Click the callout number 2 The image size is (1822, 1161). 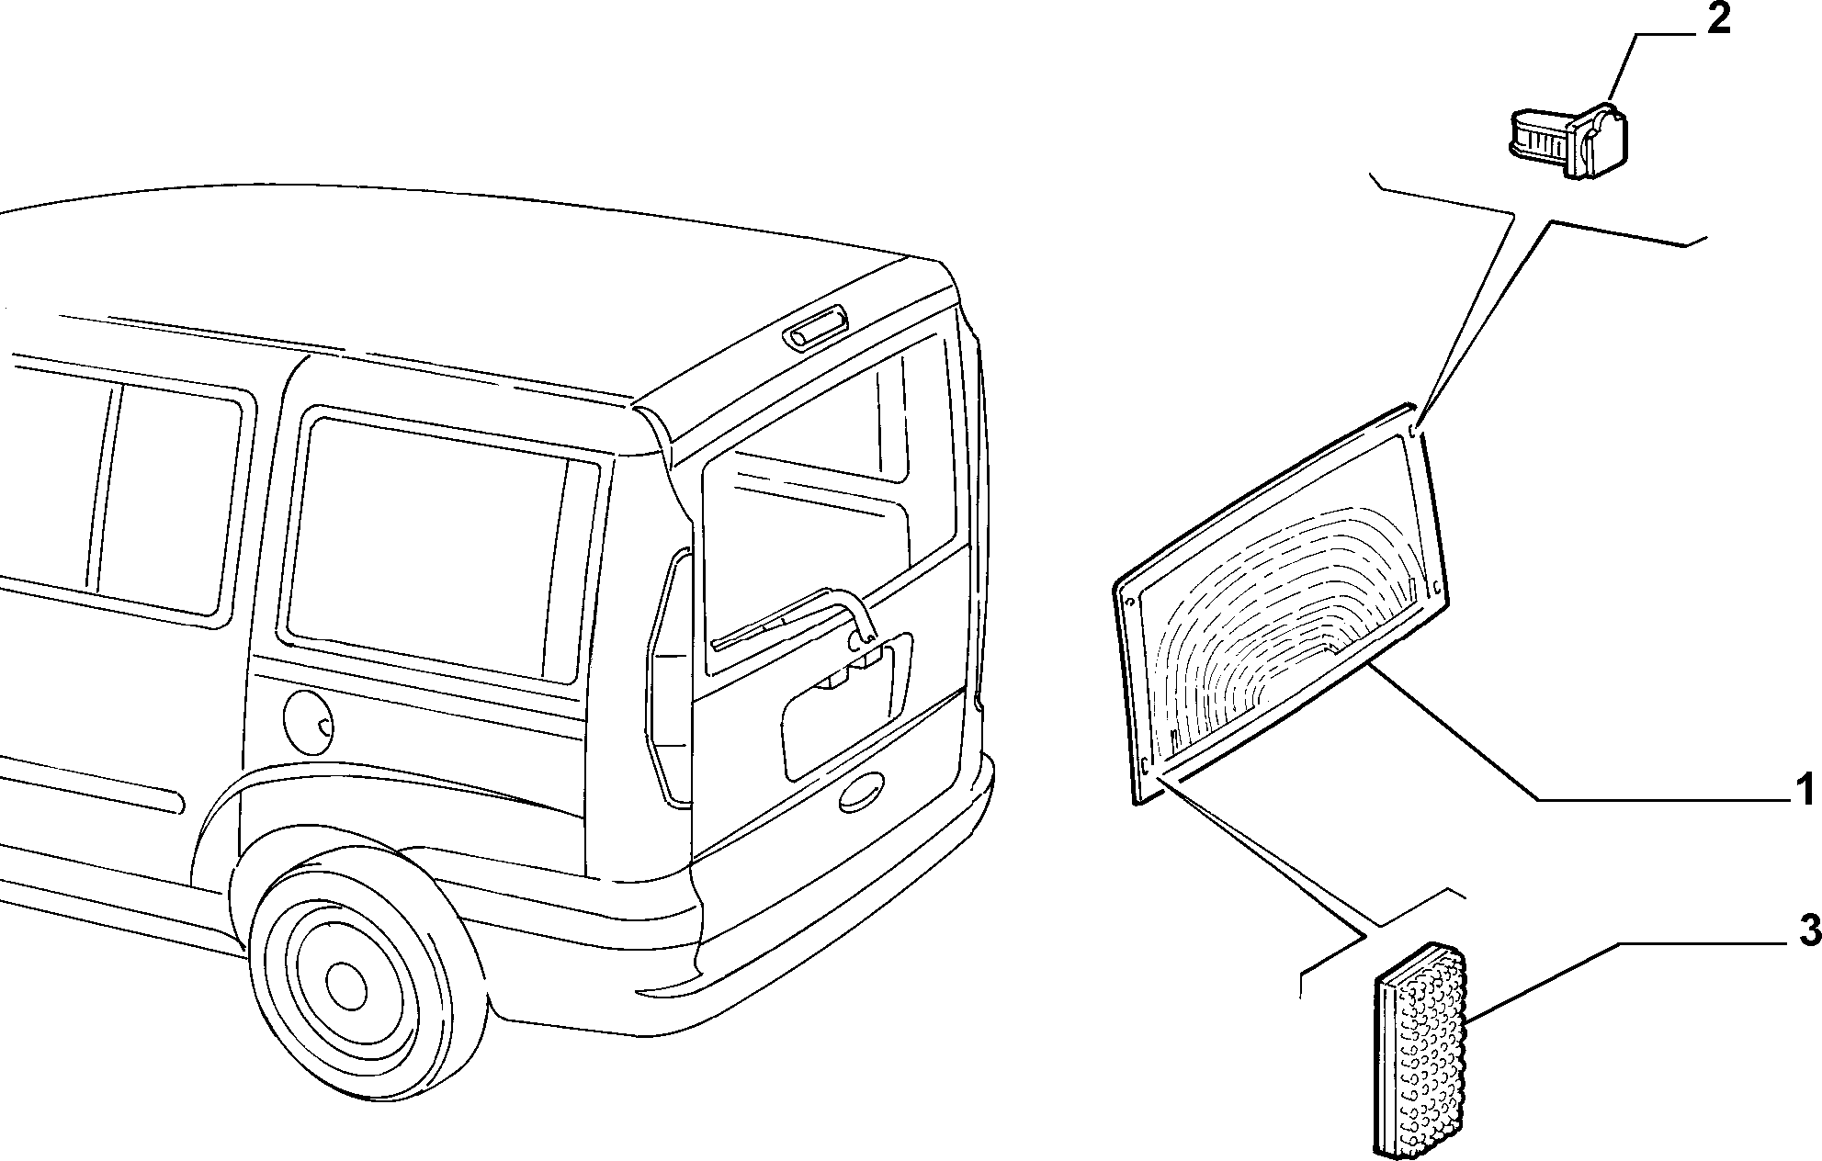coord(1717,20)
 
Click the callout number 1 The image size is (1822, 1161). coord(1805,789)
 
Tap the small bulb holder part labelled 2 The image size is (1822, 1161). coord(1567,143)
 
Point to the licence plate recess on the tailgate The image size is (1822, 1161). coord(847,703)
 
